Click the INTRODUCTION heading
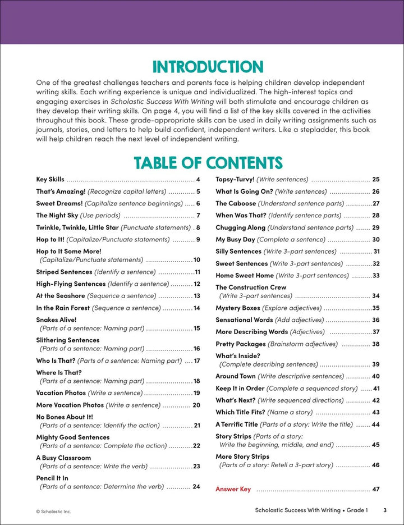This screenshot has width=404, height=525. coord(208,67)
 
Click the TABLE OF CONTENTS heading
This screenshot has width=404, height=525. coord(208,163)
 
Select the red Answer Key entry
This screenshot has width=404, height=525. coord(233,489)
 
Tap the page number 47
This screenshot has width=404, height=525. coord(375,489)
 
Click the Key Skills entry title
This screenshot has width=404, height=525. coord(50,180)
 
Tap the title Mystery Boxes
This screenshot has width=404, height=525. coord(238,308)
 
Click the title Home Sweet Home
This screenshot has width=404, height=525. coord(242,276)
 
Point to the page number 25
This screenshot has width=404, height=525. coord(375,180)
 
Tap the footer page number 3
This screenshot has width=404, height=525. coord(385,510)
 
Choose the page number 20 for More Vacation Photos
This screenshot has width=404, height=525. coord(196,405)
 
